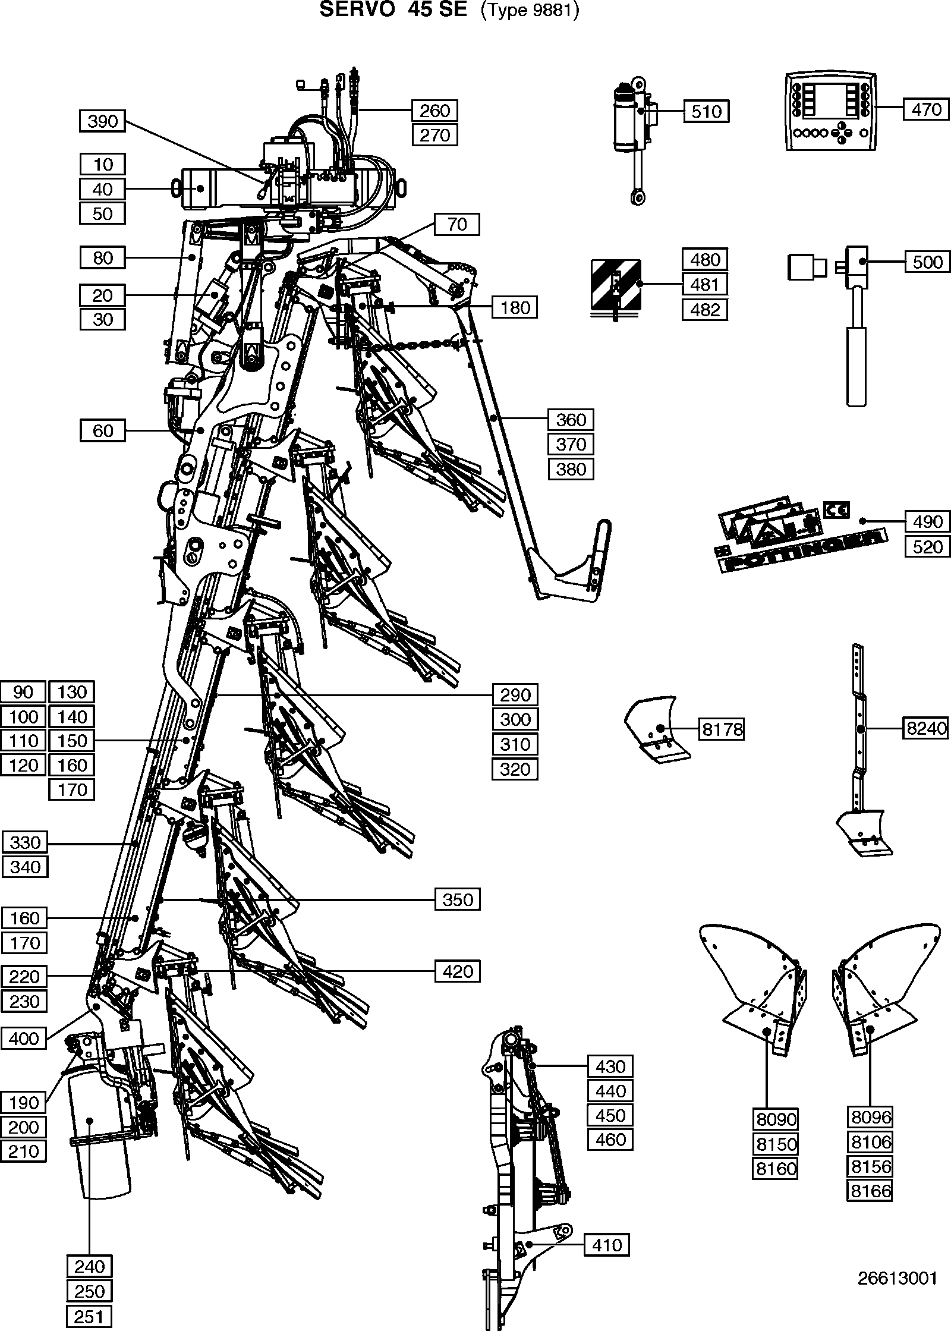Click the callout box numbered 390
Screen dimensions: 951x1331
coord(103,121)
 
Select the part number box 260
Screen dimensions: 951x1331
coord(435,110)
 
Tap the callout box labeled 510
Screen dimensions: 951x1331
coord(706,111)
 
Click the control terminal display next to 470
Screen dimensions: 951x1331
coord(830,112)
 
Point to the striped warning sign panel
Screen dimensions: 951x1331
coord(616,285)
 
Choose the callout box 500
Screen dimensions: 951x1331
coord(927,262)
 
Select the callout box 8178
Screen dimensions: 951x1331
coord(722,729)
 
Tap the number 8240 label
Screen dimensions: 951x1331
coord(926,728)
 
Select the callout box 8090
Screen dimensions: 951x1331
coord(776,1119)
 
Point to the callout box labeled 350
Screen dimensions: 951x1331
coord(458,899)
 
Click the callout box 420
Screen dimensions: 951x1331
coord(458,972)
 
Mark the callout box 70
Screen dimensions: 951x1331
coord(457,224)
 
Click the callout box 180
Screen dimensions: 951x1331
coord(515,307)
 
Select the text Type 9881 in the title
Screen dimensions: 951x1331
coord(529,11)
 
